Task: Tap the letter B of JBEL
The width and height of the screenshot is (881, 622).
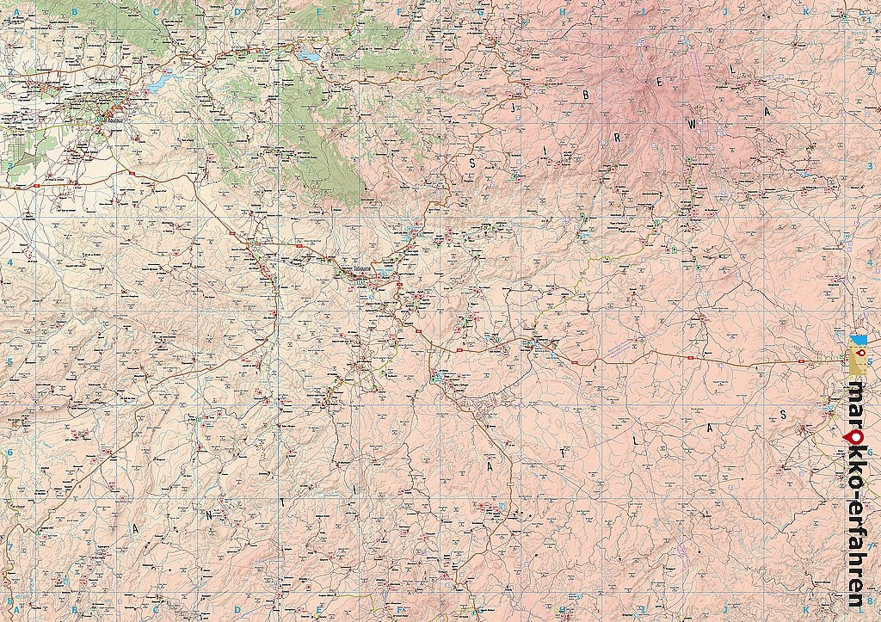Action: [x=586, y=96]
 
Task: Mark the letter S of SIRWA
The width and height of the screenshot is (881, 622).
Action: [x=472, y=161]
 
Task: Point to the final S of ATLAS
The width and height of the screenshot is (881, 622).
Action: [x=784, y=415]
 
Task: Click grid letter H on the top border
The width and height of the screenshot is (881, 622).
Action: [x=564, y=12]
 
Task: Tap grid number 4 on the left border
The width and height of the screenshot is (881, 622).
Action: [x=9, y=263]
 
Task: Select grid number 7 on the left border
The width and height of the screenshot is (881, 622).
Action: [x=9, y=546]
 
